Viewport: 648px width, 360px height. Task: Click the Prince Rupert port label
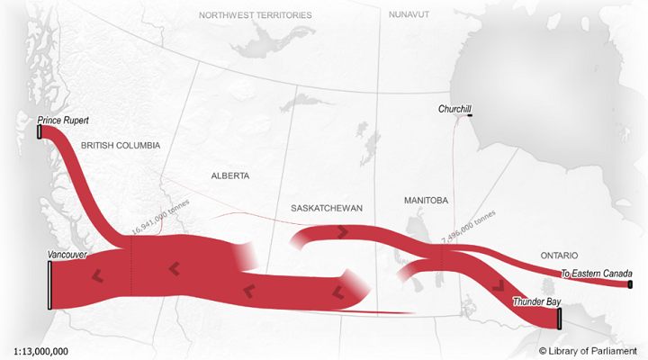click(x=64, y=120)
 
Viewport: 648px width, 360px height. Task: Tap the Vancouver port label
click(x=67, y=256)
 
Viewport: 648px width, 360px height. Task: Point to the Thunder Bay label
click(x=535, y=301)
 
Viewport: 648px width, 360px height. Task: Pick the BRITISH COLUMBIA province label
click(x=120, y=145)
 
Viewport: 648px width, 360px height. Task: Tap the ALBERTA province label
click(x=229, y=175)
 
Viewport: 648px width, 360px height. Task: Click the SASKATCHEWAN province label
click(x=327, y=208)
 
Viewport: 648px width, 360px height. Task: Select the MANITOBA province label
click(x=426, y=200)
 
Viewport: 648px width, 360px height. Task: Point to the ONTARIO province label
click(x=559, y=256)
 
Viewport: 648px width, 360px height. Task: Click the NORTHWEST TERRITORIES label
click(x=256, y=15)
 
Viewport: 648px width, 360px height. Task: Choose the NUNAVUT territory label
click(x=409, y=15)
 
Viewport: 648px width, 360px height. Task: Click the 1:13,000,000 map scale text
click(x=41, y=350)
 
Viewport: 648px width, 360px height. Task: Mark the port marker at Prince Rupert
click(x=40, y=132)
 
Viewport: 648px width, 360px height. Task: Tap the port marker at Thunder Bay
click(x=559, y=319)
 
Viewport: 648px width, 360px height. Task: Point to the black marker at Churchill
click(x=469, y=113)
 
